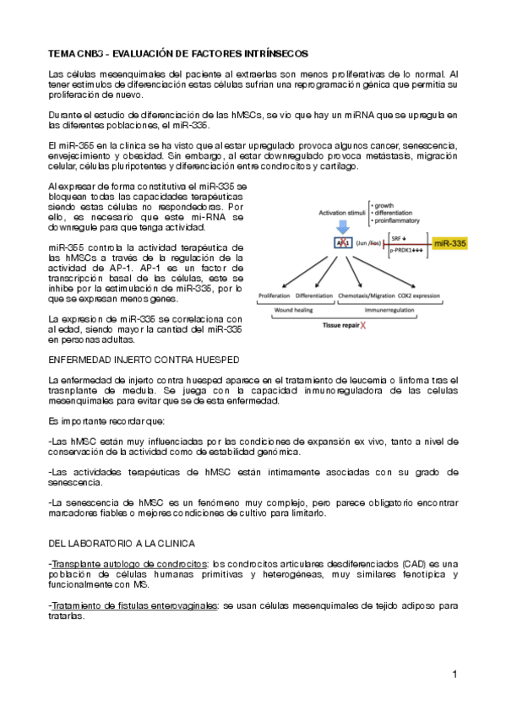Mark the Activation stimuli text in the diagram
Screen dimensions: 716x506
(342, 213)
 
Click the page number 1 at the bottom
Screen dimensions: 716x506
(454, 674)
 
